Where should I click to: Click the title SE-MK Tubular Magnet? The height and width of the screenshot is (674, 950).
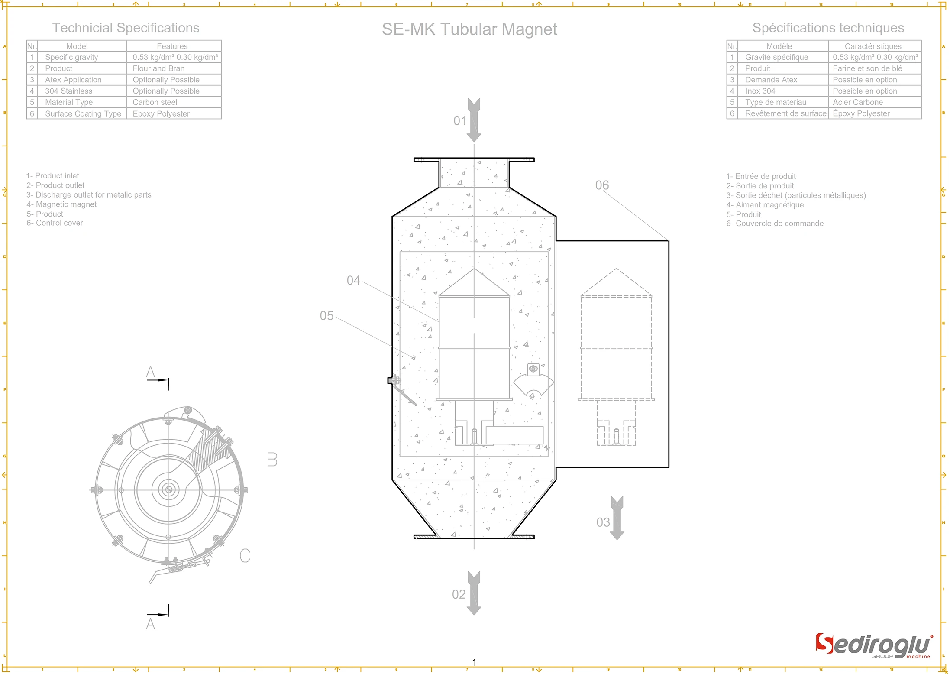pos(469,29)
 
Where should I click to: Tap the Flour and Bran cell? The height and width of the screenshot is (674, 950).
pos(158,68)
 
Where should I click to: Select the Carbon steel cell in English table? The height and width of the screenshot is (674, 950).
pos(155,102)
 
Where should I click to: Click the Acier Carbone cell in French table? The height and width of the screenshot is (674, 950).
pos(857,102)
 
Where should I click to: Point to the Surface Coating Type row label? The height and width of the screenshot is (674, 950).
pos(83,113)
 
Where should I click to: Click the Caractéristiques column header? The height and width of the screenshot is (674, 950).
pos(872,46)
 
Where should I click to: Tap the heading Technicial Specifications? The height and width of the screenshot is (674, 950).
pos(126,28)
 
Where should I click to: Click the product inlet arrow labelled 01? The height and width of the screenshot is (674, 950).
pos(474,120)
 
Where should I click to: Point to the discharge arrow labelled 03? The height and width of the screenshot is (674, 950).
pos(617,518)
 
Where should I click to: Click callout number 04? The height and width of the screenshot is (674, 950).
pos(353,281)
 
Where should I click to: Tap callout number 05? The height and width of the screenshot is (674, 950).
pos(326,316)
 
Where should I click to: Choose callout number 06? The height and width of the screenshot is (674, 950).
pos(602,185)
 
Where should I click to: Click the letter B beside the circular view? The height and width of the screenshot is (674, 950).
pos(272,460)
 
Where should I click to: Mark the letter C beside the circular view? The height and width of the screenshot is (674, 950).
pos(245,556)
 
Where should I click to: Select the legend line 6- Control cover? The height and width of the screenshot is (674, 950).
pos(55,223)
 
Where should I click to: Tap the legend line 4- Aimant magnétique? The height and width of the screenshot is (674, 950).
pos(765,205)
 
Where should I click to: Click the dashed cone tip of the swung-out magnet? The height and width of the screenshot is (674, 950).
pos(616,269)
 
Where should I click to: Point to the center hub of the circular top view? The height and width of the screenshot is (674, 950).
pos(168,490)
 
